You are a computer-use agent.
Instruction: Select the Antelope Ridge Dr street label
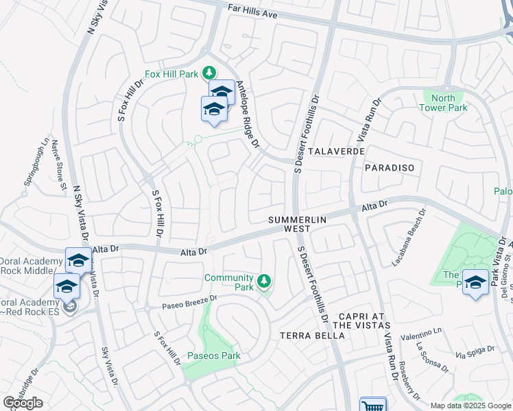click(248, 114)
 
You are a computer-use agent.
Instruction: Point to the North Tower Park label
click(444, 103)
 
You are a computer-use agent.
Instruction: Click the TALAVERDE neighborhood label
click(335, 151)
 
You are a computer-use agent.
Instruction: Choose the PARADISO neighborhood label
click(390, 167)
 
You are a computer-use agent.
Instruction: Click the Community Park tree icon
click(263, 281)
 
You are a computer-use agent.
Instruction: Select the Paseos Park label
click(213, 356)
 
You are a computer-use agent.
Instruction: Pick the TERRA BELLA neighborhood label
click(306, 336)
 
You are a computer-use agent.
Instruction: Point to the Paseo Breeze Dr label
click(189, 299)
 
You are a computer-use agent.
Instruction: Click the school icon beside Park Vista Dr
click(475, 282)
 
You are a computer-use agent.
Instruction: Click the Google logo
click(23, 403)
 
